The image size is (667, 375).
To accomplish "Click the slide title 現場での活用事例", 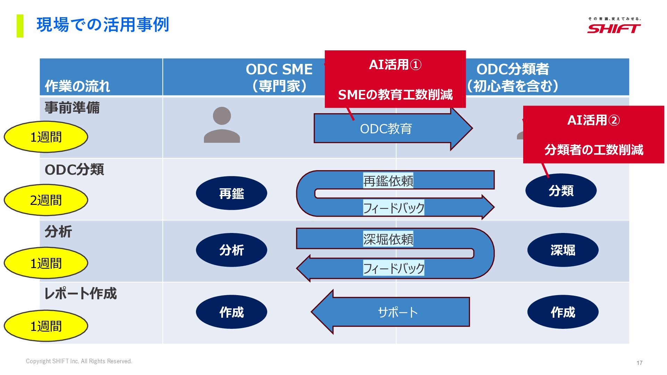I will (103, 25).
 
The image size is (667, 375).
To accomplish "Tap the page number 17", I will (639, 363).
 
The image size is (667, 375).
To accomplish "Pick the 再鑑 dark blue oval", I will (231, 193).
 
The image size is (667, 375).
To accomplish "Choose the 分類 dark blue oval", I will (561, 191).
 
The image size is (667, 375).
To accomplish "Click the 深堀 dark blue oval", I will (563, 250).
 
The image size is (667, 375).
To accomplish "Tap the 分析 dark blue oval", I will (231, 250).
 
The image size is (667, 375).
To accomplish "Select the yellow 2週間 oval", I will (46, 200).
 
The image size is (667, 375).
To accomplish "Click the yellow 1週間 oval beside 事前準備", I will (46, 137).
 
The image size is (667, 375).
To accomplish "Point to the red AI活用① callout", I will (395, 79).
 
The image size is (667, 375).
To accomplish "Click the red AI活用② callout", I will (593, 135).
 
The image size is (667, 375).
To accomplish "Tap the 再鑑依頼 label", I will (388, 181).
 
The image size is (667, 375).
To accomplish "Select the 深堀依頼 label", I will (388, 239).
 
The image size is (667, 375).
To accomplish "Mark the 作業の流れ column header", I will (77, 86).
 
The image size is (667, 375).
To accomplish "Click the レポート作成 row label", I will (81, 294).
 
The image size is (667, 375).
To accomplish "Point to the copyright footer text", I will (79, 361).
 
